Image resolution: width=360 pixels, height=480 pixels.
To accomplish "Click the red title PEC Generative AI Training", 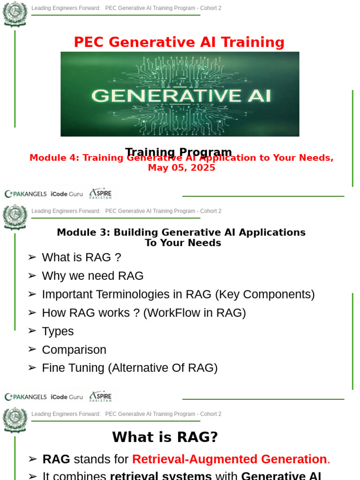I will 179,42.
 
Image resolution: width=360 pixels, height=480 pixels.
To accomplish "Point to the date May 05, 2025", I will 181,168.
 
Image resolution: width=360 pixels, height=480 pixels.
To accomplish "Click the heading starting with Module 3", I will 181,232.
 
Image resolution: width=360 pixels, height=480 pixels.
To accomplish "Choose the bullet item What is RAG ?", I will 81,257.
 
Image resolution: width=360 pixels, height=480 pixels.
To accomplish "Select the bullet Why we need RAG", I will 92,276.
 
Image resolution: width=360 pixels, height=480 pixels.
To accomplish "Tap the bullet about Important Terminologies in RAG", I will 178,294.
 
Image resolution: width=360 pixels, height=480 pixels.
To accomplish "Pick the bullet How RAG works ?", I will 143,313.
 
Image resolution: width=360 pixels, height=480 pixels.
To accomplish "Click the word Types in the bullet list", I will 58,331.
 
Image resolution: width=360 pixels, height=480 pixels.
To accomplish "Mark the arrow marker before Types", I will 32,331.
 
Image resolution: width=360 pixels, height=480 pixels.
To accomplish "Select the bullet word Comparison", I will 74,350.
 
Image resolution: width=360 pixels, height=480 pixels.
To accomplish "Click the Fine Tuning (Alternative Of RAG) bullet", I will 129,368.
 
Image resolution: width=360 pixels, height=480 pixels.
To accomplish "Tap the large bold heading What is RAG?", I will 165,437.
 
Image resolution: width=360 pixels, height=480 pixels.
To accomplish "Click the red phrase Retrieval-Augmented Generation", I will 229,459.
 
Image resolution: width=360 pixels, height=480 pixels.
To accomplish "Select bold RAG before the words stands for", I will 56,459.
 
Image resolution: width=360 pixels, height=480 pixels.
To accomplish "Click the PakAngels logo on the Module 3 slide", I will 25,397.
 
